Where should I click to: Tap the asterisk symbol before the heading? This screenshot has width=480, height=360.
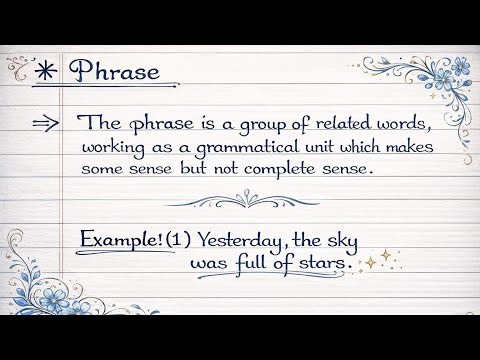coord(44,74)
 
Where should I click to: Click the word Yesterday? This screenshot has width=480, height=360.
coord(240,241)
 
